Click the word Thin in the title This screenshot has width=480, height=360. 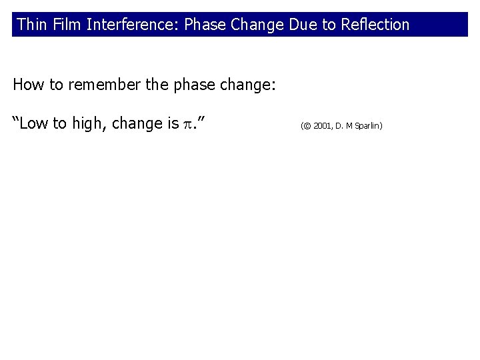[29, 25]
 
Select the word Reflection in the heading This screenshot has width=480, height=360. [375, 25]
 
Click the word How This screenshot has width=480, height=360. [27, 85]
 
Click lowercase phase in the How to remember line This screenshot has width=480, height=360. [193, 86]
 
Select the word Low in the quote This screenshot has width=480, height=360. [34, 123]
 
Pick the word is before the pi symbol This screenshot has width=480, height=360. [173, 123]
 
